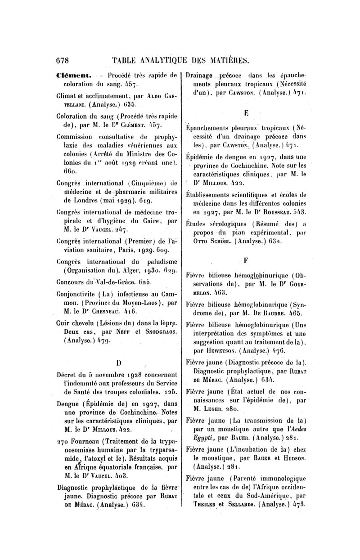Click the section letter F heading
click(246, 260)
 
